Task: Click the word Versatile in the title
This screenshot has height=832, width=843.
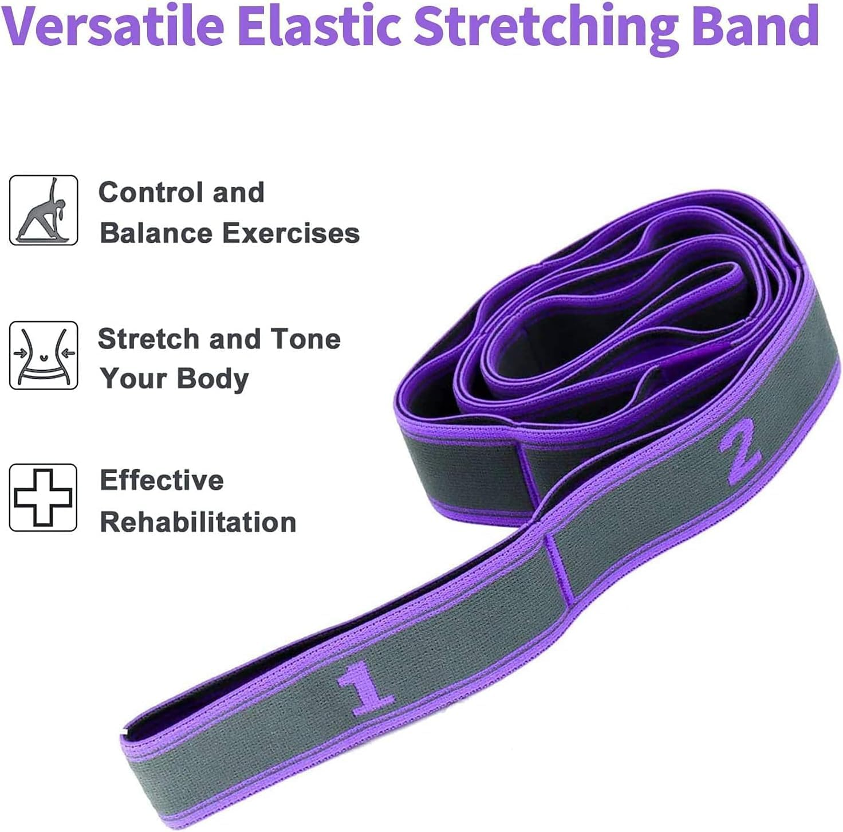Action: point(104,26)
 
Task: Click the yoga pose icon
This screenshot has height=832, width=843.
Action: point(44,210)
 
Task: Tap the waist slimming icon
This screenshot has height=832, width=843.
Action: point(44,355)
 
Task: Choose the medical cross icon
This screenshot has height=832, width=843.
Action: point(44,497)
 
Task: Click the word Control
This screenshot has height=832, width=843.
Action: point(151,192)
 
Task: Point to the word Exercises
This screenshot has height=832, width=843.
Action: point(291,233)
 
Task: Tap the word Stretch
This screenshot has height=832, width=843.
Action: point(148,339)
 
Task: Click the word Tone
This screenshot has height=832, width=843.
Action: point(305,339)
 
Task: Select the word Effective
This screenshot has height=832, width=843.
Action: point(161,480)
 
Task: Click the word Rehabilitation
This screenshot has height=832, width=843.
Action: point(198,522)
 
